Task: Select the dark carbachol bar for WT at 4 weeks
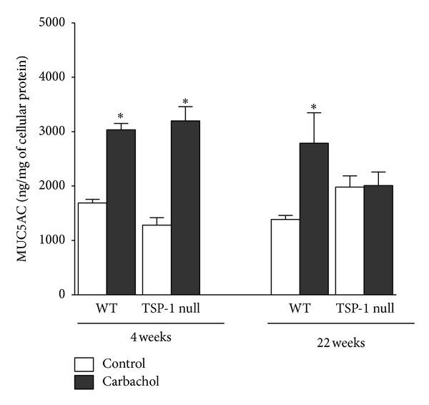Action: pos(121,212)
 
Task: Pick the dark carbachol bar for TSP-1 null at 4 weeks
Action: pos(185,208)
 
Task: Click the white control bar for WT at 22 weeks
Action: pos(285,256)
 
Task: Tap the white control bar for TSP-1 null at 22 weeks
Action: pos(349,240)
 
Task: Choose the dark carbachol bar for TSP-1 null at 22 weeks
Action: pos(378,240)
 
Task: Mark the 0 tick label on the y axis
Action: pos(62,294)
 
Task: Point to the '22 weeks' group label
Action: pos(341,343)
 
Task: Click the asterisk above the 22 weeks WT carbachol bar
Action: pos(313,109)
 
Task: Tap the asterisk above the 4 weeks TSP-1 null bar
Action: pos(185,102)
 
